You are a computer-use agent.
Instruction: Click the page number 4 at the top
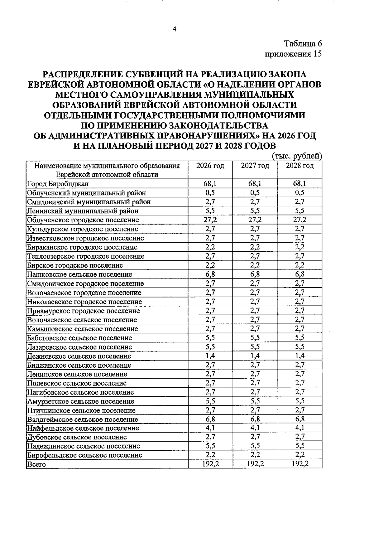click(x=174, y=30)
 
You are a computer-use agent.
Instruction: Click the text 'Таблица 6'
click(x=302, y=44)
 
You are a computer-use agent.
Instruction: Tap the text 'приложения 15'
click(x=293, y=54)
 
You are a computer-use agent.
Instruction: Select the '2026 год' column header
click(x=210, y=166)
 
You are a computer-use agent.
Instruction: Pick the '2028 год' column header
click(x=300, y=166)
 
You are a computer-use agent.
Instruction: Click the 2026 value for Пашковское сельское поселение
click(x=210, y=274)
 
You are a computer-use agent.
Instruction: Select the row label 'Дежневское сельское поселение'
click(x=79, y=356)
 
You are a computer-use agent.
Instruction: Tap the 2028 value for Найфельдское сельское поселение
click(x=300, y=428)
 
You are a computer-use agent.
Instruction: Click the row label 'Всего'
click(x=36, y=464)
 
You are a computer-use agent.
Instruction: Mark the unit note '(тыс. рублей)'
click(x=297, y=156)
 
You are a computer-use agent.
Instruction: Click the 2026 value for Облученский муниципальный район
click(x=210, y=193)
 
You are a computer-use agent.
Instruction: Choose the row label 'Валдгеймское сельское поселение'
click(x=82, y=419)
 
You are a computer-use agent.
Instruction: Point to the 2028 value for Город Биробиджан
click(x=300, y=184)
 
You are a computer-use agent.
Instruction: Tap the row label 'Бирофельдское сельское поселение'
click(x=84, y=455)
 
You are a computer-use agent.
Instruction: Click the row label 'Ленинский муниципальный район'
click(x=83, y=211)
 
